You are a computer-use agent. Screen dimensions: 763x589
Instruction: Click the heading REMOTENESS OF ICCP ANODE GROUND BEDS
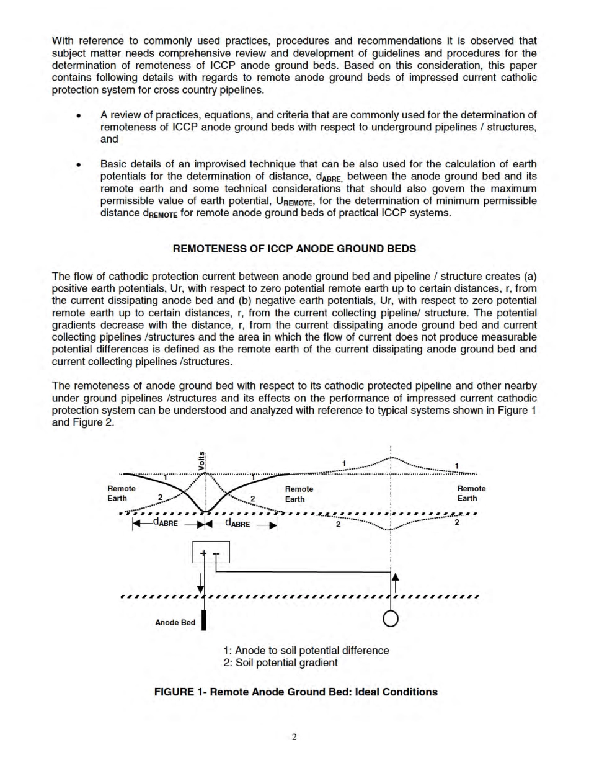[294, 249]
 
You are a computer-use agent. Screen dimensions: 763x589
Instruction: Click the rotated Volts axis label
[201, 460]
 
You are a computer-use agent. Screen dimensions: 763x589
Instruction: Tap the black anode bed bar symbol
[203, 620]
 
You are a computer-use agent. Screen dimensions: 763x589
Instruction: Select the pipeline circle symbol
[391, 618]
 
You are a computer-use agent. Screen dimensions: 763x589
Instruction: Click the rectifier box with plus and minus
[211, 551]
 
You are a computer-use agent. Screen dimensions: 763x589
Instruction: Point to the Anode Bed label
[175, 622]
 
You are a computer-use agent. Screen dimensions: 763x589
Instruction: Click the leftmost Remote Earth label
[122, 494]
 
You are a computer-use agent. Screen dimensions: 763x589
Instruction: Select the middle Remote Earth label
[299, 494]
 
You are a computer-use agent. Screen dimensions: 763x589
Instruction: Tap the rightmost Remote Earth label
[471, 493]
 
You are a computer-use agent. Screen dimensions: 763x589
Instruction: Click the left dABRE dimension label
[165, 524]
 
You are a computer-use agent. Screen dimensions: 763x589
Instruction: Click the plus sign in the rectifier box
[204, 553]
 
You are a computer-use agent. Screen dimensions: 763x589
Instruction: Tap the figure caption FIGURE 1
[296, 692]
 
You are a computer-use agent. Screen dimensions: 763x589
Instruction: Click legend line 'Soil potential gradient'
[280, 663]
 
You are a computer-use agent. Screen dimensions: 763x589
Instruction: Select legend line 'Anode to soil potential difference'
[306, 650]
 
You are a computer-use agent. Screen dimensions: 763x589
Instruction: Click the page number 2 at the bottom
[294, 737]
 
